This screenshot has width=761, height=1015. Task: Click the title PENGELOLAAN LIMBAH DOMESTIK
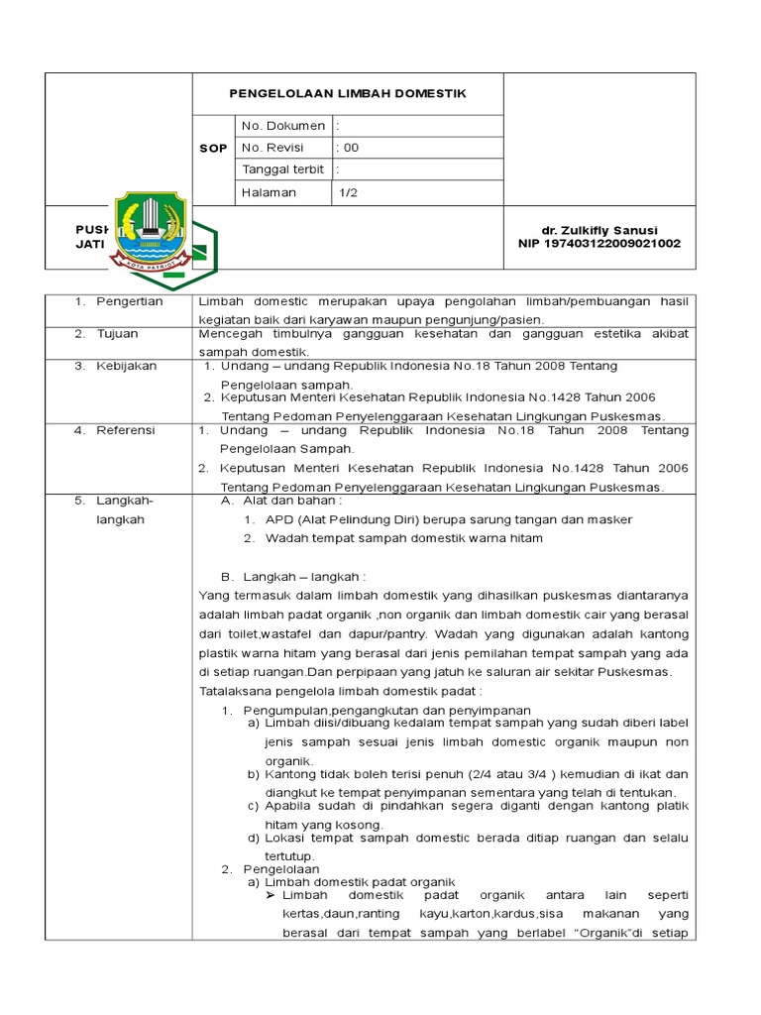coord(347,93)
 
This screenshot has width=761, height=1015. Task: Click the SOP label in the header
coord(214,148)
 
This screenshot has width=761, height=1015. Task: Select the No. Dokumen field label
coord(282,126)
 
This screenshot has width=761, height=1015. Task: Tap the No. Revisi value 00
coord(349,148)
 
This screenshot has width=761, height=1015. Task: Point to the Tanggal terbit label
coord(282,169)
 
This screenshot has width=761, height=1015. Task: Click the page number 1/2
coord(348,192)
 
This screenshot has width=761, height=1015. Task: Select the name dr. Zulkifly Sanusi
coord(599,230)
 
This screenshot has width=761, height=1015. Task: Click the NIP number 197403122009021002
coord(599,244)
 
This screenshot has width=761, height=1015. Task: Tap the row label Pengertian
coord(129,301)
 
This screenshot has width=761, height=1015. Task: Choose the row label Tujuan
coord(118,334)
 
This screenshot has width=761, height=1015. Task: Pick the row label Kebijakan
coord(126,366)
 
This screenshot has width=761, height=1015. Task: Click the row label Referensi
coord(126,431)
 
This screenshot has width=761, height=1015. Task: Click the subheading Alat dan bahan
coord(288,501)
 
